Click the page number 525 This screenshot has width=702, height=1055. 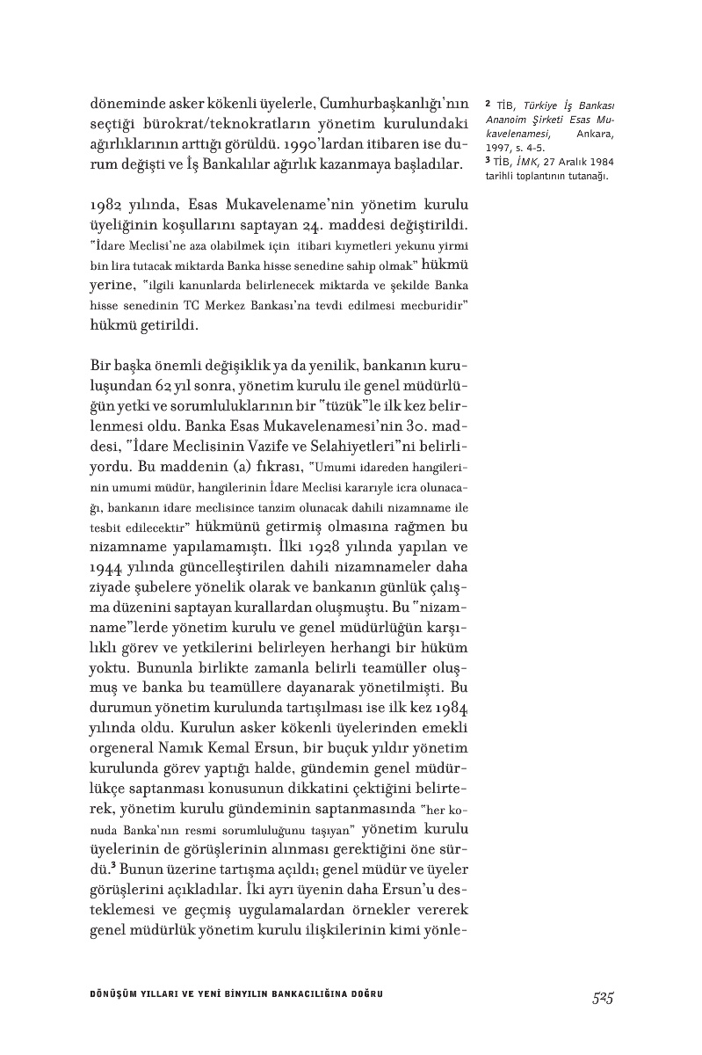click(x=602, y=998)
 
